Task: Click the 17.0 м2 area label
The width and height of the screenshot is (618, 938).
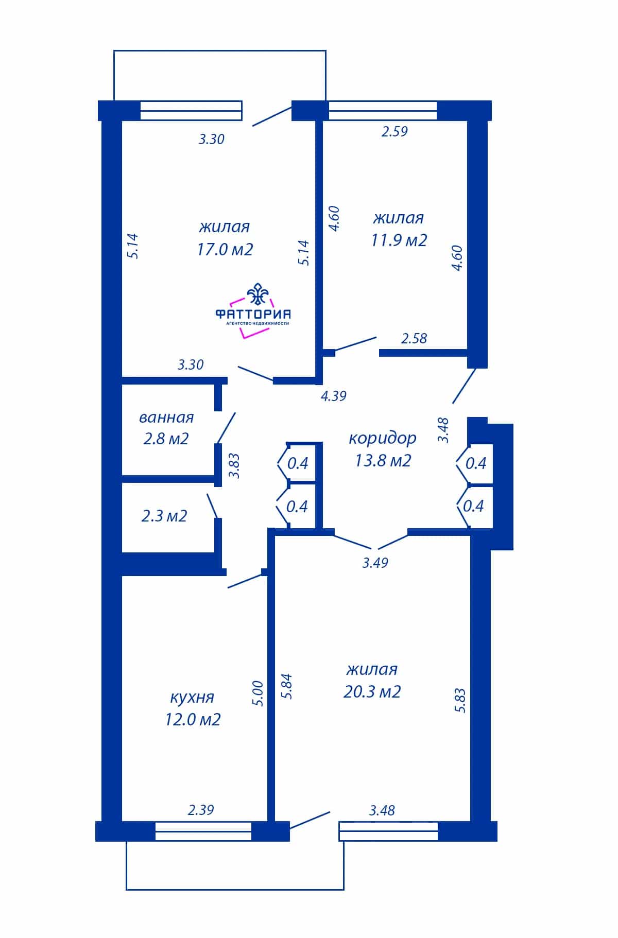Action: coord(225,250)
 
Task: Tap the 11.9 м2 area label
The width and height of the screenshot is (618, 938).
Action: coord(399,240)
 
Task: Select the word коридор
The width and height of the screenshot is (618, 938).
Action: coord(383,439)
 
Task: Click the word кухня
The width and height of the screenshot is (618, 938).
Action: coord(192,698)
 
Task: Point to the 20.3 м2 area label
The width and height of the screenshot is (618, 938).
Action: coord(372,691)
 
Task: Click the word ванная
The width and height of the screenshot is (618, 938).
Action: coord(166,417)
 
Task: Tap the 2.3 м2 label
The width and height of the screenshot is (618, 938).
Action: coord(164,515)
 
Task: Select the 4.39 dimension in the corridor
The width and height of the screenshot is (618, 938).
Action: coord(334,396)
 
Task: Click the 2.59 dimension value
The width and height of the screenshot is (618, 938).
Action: coord(394,131)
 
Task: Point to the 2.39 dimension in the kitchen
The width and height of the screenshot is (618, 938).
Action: coord(201,810)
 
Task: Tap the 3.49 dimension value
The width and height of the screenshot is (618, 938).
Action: coord(375,563)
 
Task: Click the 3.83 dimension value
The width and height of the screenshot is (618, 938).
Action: coord(234,466)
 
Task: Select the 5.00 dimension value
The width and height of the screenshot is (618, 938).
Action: coord(259,693)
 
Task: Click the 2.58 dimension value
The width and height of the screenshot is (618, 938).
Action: coord(414,338)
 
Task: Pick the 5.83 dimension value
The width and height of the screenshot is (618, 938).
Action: coord(460,700)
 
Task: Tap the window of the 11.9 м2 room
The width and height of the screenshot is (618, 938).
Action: coord(383,110)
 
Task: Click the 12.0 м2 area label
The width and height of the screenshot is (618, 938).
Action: coord(193,719)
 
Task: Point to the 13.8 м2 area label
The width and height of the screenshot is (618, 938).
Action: coord(383,460)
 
